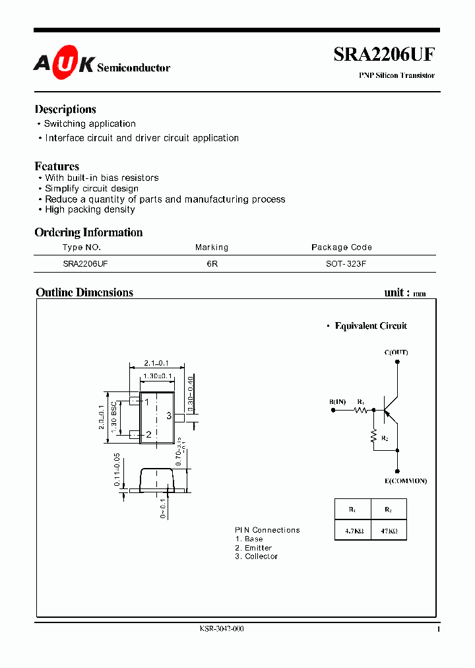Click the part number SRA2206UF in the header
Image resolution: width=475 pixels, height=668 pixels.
(384, 55)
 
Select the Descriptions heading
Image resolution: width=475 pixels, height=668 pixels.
(65, 110)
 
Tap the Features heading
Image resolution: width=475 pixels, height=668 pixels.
(57, 166)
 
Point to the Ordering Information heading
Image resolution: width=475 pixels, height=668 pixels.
(88, 232)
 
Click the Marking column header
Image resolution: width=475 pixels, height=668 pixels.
(212, 248)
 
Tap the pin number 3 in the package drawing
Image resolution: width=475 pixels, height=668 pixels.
(169, 416)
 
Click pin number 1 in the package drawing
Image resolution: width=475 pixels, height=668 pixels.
(147, 402)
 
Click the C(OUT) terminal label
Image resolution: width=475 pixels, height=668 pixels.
(396, 352)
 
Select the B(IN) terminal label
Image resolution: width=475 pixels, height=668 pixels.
(337, 402)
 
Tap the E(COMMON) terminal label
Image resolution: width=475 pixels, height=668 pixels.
(406, 481)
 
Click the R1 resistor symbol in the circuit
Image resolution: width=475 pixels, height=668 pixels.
(360, 410)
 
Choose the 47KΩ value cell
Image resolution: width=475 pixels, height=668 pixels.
(389, 531)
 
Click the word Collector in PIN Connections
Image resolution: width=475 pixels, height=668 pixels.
(261, 556)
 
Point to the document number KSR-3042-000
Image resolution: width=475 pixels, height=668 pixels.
(222, 629)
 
